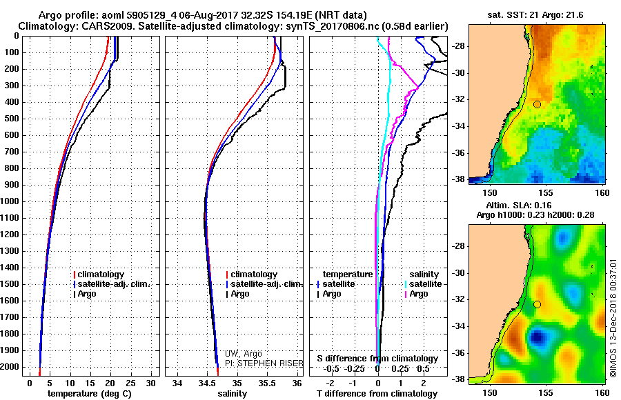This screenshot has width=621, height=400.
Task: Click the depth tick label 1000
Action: point(10,201)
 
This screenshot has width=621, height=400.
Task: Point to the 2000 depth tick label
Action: point(10,367)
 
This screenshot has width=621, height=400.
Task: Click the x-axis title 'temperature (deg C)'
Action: point(90,394)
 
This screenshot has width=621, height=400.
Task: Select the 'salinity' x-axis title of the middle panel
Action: point(233,394)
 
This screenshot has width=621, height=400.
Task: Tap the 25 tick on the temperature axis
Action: point(130,383)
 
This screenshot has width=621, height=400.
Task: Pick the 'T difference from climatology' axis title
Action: point(377,394)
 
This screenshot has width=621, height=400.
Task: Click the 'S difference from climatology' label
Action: point(377,359)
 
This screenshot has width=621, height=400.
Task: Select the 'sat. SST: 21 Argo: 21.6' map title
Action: point(535,15)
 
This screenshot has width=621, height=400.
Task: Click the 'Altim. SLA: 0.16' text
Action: point(518,205)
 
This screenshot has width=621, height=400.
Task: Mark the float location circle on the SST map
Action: point(537,105)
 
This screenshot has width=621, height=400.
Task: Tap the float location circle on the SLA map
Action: point(537,305)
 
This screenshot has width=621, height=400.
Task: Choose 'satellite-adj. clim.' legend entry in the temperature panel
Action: point(114,284)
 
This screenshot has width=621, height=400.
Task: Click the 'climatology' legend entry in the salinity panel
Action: point(254,274)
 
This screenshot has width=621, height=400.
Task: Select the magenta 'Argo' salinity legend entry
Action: point(419,294)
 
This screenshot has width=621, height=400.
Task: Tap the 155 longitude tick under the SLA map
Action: point(546,393)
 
